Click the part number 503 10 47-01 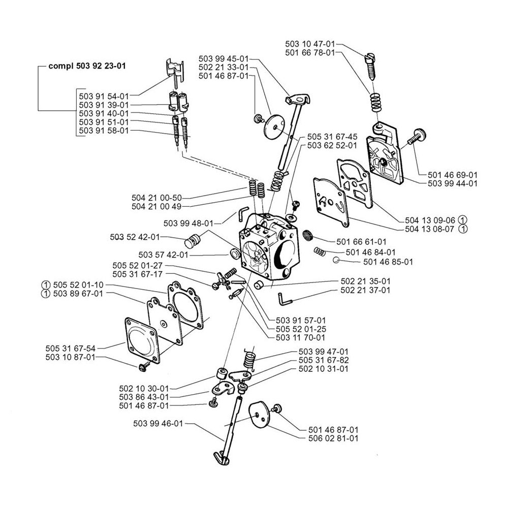[310, 45]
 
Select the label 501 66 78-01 [310, 53]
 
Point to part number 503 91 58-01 [104, 131]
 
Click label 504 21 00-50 [156, 198]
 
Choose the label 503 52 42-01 [135, 237]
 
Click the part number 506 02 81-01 [333, 438]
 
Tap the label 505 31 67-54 [71, 348]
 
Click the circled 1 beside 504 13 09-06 [462, 220]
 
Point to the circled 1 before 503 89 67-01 [46, 294]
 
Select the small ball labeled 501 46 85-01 [336, 261]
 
